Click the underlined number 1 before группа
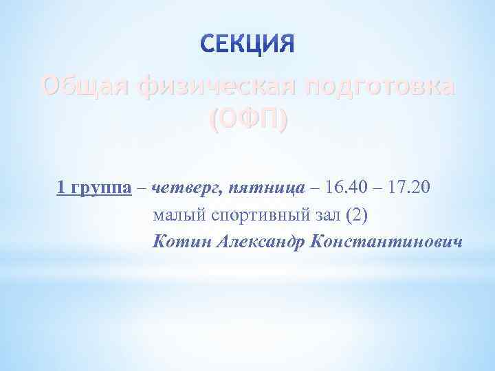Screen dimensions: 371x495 point(61,187)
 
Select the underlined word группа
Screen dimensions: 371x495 point(101,188)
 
